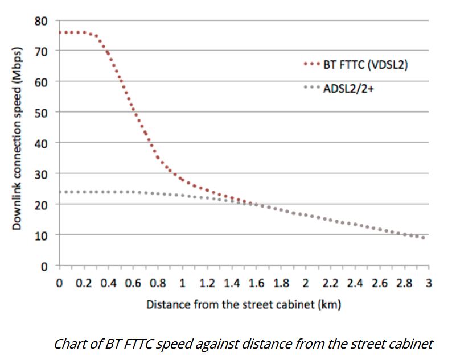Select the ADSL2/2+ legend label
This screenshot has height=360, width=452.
(349, 88)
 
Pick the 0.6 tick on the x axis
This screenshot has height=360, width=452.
(133, 283)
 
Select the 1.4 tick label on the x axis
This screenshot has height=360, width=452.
(231, 283)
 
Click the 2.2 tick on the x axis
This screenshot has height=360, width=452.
(330, 283)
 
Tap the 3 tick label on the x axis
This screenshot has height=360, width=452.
(428, 283)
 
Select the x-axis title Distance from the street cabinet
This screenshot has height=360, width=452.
(244, 304)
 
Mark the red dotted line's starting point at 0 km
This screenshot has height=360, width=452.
(60, 32)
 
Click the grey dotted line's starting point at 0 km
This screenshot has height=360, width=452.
(60, 192)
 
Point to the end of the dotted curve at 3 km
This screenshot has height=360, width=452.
(424, 238)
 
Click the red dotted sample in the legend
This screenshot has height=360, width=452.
(312, 64)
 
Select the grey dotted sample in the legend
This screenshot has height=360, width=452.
(312, 88)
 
